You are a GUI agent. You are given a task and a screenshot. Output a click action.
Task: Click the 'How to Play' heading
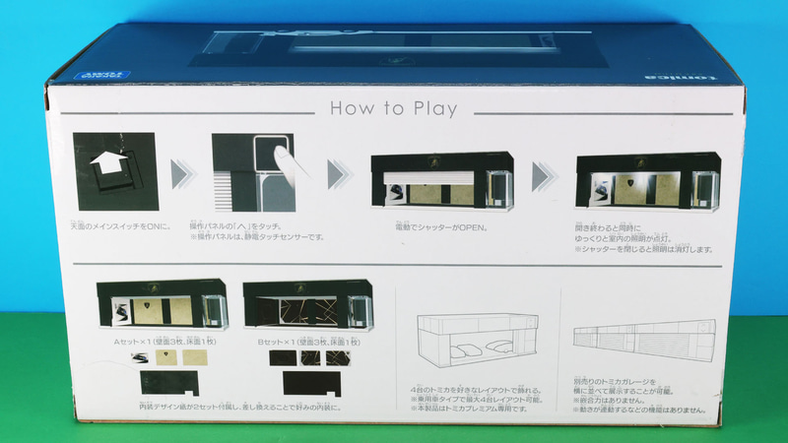[x=393, y=107]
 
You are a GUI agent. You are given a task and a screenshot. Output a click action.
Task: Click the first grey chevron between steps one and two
[x=180, y=175]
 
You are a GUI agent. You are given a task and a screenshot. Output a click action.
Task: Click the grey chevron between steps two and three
[x=338, y=175]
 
